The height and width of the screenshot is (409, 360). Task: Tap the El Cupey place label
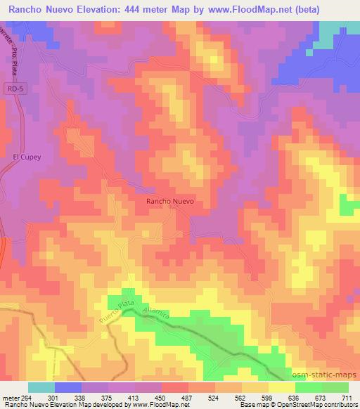tap(27, 158)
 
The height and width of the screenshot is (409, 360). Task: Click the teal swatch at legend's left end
tap(41, 387)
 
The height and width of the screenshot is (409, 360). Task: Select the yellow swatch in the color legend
tap(282, 387)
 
